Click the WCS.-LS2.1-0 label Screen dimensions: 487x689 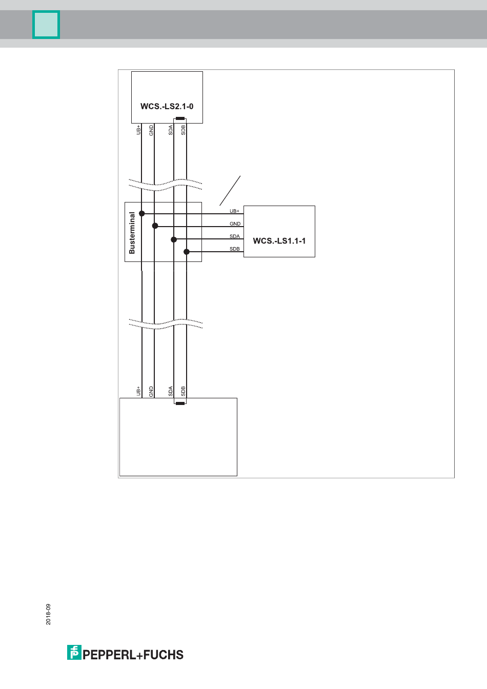coord(167,107)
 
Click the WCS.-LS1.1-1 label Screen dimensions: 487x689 coord(279,241)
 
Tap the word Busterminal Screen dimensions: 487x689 coord(132,233)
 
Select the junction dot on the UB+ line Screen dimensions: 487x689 coord(142,213)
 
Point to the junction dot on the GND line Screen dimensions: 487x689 coord(155,226)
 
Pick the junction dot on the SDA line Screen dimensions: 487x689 coord(174,239)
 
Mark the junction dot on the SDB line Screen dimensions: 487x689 coord(187,252)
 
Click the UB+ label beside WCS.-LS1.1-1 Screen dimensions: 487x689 coord(234,211)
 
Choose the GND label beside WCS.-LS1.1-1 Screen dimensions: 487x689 coord(235,224)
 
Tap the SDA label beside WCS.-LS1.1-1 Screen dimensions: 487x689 coord(234,236)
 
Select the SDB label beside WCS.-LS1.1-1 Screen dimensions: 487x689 coord(234,249)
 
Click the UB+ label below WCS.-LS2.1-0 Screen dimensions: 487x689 coord(138,130)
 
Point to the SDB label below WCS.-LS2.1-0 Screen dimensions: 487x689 coord(183,130)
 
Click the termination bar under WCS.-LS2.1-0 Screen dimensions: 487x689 coord(180,118)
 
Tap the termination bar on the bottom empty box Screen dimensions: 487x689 coord(180,403)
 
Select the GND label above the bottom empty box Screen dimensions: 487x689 coord(151,392)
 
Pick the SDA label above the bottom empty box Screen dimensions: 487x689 coord(171,392)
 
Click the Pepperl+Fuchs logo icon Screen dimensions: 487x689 coord(74,653)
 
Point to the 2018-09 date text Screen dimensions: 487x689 coord(49,614)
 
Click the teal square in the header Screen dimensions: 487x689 coord(46,25)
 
